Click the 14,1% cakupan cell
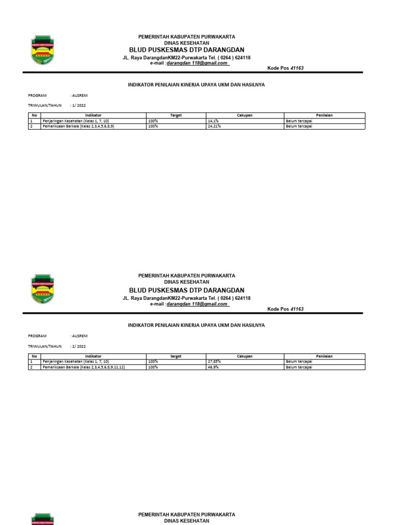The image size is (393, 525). point(214,121)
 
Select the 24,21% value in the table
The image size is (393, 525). point(215,126)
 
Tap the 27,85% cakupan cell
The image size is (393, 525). point(215,361)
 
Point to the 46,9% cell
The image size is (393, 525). point(214,367)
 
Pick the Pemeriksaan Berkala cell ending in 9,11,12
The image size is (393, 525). point(84,367)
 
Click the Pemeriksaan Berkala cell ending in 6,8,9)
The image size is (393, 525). point(78,126)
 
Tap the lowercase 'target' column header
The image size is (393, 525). point(176,356)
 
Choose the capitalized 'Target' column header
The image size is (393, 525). point(176,115)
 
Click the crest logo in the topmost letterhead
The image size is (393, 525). point(42,50)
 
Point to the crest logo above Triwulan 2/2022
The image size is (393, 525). point(42,290)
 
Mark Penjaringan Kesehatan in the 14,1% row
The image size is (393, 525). point(75,121)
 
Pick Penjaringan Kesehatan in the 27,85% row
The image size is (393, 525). point(75,361)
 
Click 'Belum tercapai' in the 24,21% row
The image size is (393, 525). point(299,126)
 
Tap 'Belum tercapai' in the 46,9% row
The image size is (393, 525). point(299,367)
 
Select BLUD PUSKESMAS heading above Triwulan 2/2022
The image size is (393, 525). point(187,290)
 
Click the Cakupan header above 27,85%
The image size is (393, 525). point(245,356)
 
